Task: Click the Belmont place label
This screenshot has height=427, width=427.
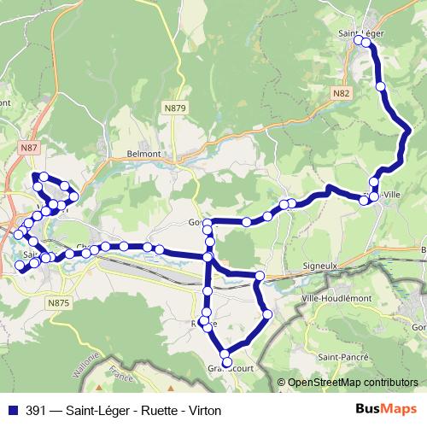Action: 144,153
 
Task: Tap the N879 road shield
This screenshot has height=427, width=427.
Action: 174,107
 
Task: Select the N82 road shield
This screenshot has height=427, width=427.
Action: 342,92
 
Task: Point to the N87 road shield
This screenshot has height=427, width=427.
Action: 29,148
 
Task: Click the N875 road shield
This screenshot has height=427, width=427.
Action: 59,303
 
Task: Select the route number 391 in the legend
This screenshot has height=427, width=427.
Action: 36,411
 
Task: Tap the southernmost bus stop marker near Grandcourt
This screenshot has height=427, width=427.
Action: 225,354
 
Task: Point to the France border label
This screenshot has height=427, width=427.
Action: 114,373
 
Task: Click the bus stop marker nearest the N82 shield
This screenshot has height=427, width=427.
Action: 380,86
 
